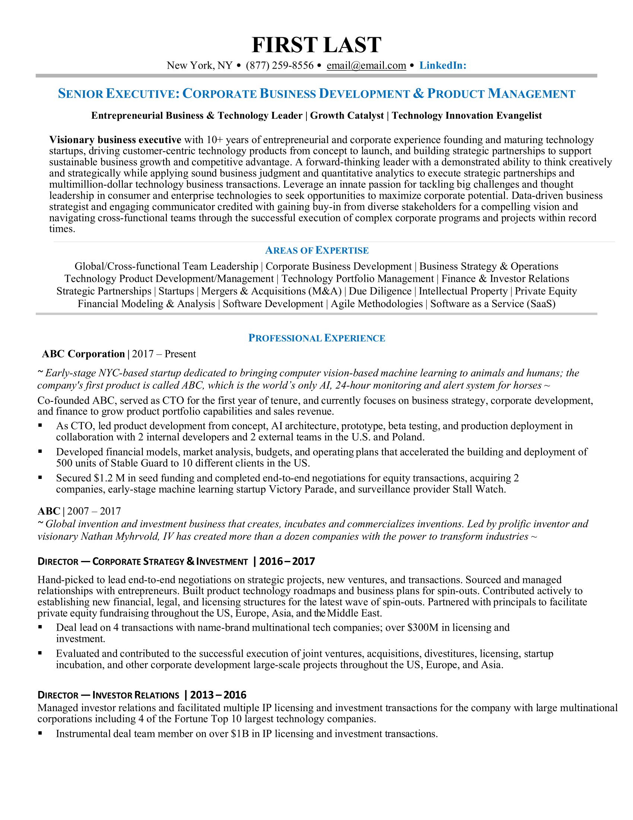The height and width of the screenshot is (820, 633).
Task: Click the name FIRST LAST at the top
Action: (316, 45)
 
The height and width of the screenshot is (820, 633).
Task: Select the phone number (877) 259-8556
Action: (279, 66)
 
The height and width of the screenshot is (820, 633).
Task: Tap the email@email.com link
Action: (366, 66)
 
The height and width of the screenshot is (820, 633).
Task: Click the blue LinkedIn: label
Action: (442, 66)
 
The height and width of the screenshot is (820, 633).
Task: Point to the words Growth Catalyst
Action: (347, 116)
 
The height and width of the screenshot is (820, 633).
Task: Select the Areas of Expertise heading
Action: (316, 250)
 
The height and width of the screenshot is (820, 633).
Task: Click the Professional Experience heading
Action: (316, 338)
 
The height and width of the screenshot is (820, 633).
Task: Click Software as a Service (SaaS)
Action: (493, 304)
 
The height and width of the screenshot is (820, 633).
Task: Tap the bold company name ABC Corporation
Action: (83, 354)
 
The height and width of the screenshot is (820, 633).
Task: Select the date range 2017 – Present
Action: (164, 354)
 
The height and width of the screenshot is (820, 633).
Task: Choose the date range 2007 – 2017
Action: (94, 511)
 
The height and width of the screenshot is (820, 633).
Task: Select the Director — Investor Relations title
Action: (108, 695)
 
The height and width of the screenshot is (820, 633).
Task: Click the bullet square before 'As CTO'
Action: (40, 426)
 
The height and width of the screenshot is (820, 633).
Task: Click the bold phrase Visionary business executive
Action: (115, 140)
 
